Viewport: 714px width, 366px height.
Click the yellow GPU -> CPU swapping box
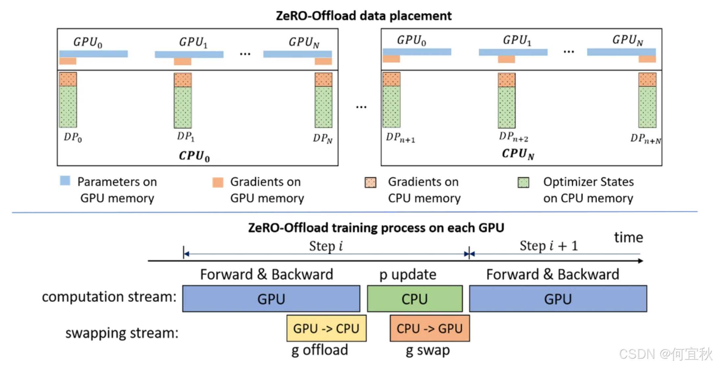coord(326,328)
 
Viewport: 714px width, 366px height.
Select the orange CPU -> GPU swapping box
coord(430,328)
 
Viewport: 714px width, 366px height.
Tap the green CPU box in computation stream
coord(415,299)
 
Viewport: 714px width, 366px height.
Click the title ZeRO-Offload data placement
coord(363,16)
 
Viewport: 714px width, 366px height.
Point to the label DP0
coord(73,137)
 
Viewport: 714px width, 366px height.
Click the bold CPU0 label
coord(194,156)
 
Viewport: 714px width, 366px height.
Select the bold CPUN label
coord(518,154)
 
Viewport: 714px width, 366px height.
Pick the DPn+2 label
coord(513,137)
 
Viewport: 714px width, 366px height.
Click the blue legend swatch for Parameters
coord(65,181)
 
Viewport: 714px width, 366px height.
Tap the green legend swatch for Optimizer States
coord(523,182)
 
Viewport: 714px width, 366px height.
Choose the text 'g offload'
coord(320,350)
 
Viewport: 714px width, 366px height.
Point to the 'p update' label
coord(408,274)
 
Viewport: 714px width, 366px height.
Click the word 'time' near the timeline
coord(628,238)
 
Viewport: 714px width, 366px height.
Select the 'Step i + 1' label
coord(549,246)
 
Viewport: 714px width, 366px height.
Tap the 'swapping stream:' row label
coord(122,333)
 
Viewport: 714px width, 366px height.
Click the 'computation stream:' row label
coord(109,296)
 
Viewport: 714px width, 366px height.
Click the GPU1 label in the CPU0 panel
coord(193,42)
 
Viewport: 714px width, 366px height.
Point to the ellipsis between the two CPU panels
coord(361,107)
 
